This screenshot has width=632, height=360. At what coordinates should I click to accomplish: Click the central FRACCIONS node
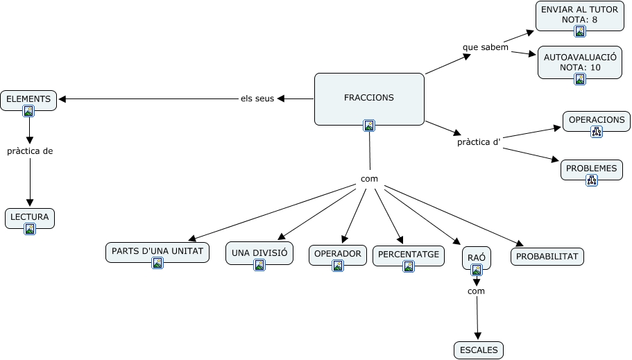coord(368,98)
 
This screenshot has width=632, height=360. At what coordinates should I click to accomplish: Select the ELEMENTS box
coord(28,100)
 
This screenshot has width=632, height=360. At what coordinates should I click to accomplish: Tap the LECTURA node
coord(29,218)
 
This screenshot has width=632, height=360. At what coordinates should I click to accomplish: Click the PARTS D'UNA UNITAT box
coord(157,252)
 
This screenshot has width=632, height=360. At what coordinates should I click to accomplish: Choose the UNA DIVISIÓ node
coord(259,253)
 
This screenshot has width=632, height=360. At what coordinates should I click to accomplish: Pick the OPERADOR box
coord(338,254)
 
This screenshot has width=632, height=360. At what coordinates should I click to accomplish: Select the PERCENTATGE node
coord(408,255)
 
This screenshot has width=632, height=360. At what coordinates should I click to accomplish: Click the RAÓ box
coord(476,259)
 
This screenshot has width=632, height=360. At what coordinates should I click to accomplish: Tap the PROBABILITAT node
coord(547,257)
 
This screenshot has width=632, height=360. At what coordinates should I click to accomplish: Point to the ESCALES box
coord(479,350)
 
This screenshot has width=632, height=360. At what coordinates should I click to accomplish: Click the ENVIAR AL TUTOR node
coord(579,15)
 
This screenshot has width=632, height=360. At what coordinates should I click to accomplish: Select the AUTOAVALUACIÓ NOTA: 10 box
coord(580,62)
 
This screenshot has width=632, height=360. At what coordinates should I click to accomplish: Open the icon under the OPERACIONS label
coord(596,132)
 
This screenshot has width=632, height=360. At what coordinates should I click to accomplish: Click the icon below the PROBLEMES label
coord(591,180)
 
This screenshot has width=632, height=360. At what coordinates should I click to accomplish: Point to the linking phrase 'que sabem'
coord(486,47)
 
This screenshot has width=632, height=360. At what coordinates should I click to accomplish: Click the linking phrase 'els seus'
coord(257,98)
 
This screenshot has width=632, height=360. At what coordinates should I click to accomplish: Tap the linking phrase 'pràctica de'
coord(30,151)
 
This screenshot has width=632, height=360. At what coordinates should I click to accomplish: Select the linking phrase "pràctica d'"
coord(479,142)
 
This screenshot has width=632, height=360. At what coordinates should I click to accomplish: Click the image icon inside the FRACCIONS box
coord(369,126)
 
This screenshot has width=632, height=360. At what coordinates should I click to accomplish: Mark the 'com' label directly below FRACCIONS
coord(369,179)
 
